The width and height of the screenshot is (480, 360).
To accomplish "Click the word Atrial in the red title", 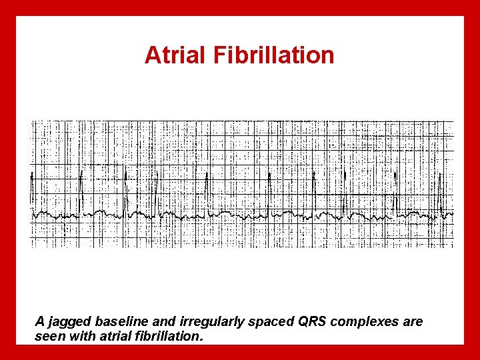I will click(176, 55).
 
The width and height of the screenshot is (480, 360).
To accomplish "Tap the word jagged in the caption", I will click(69, 322).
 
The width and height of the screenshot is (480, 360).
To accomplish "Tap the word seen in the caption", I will click(49, 337).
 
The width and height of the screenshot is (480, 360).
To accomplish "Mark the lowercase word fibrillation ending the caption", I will click(165, 336).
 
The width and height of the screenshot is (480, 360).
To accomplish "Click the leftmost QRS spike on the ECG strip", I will click(31, 190).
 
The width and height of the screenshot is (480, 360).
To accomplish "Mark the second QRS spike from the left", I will click(81, 190).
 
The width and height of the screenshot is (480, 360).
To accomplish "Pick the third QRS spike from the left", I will click(125, 190).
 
